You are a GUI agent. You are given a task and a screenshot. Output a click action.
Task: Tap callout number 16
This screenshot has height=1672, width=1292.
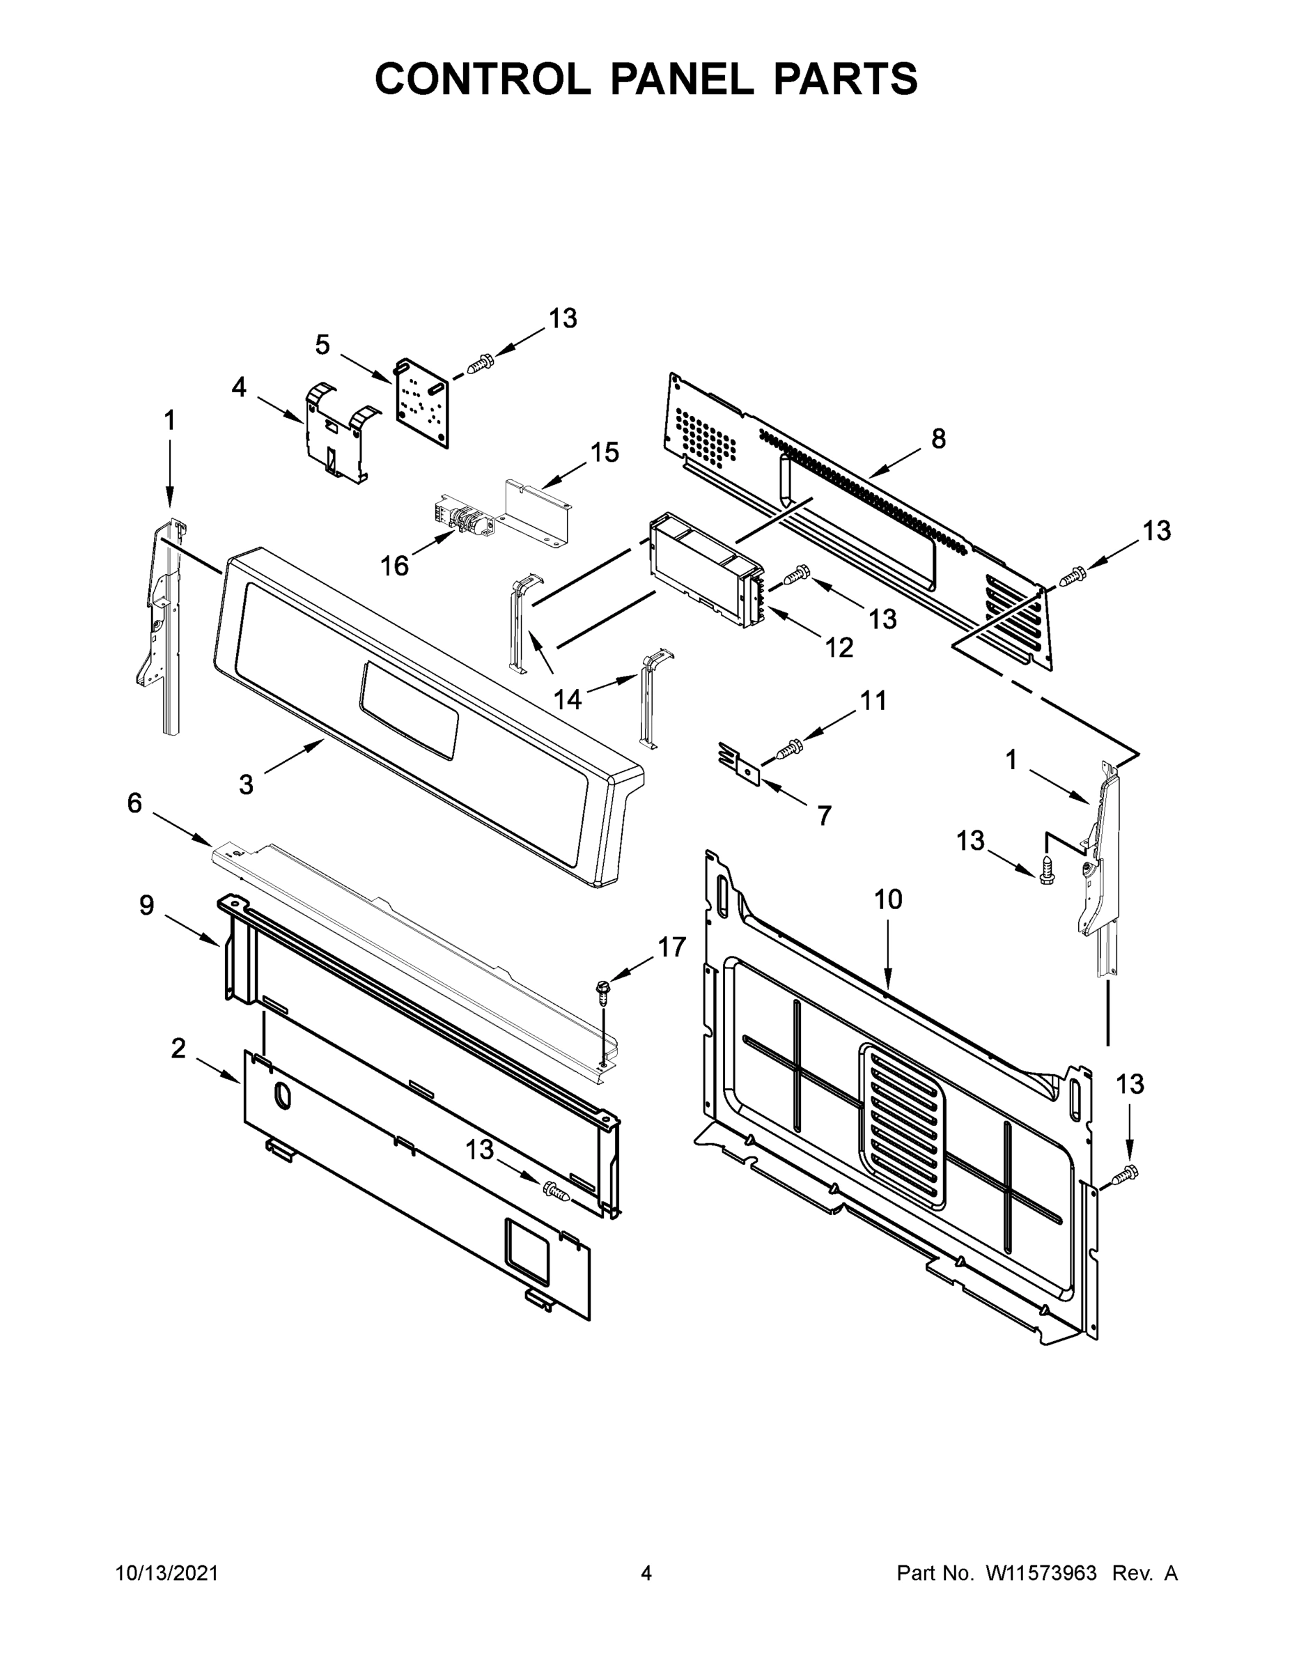click(395, 566)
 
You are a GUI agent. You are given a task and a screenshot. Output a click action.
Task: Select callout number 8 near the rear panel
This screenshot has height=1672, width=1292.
click(938, 439)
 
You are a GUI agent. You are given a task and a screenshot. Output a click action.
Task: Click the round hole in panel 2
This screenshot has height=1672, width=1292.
click(281, 1097)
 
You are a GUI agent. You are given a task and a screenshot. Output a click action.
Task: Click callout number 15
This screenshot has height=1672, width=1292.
click(604, 452)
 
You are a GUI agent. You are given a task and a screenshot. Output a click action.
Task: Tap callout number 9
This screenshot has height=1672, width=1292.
click(146, 906)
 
